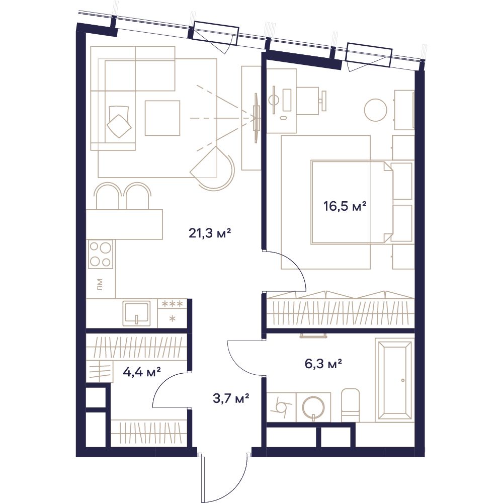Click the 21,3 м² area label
210,233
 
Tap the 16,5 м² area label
345,206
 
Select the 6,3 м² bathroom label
323,364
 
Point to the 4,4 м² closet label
142,372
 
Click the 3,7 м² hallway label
231,399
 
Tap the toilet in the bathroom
351,405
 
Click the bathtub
395,381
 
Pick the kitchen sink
136,313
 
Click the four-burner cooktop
101,255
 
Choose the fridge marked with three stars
173,313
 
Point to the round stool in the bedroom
376,110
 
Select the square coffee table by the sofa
162,118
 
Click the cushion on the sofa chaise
119,126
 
